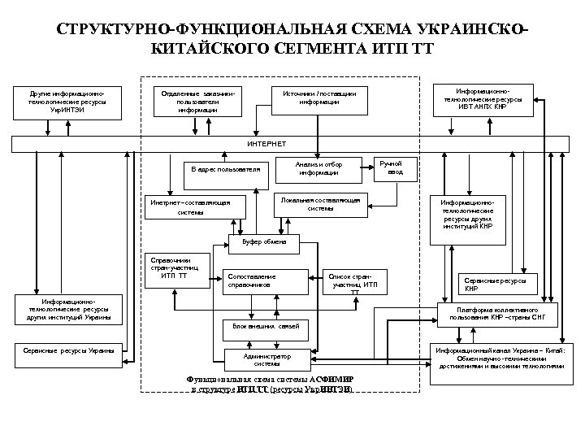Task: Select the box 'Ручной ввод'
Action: tap(396, 167)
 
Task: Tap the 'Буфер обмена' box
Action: tap(263, 242)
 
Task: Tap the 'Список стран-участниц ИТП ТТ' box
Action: tap(354, 280)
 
